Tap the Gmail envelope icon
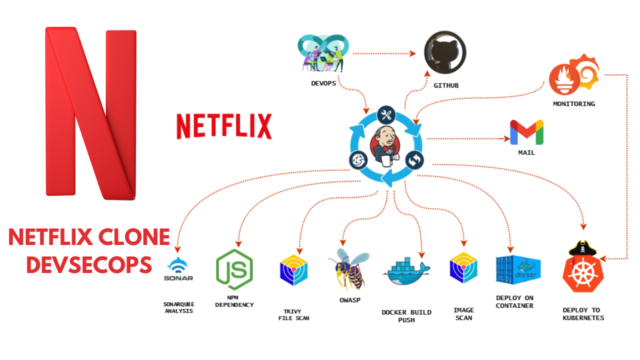point(526,132)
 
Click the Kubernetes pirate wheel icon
point(582,270)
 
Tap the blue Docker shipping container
point(517,270)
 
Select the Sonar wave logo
point(178,269)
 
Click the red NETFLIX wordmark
point(224,126)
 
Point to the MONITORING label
point(574,104)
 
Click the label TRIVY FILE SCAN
point(293,314)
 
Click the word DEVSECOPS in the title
point(89,264)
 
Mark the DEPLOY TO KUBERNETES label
point(583,314)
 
